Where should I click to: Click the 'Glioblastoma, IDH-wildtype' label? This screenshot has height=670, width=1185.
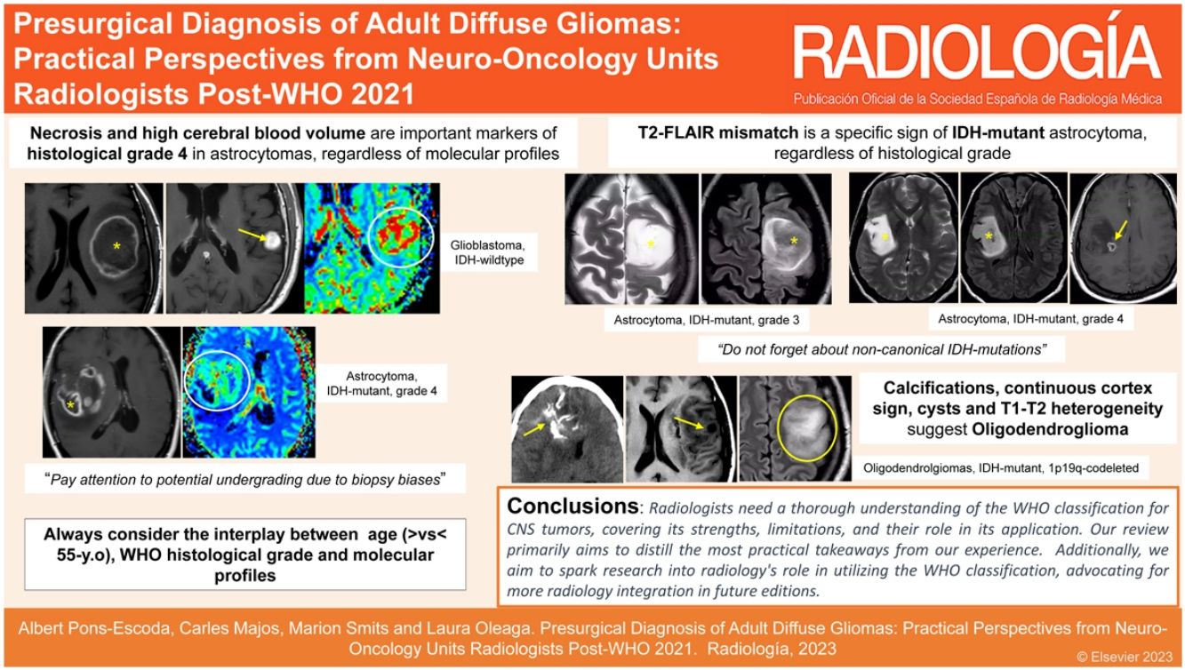488,252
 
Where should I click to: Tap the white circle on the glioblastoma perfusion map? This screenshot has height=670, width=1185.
401,233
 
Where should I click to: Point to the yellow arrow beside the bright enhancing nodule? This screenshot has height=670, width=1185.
252,235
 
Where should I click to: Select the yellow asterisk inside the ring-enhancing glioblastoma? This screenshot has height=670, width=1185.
116,246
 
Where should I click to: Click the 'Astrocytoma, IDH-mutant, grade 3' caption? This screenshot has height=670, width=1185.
706,320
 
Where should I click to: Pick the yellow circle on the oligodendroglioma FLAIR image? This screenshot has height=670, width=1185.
807,427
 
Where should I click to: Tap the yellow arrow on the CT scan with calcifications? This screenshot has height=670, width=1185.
534,429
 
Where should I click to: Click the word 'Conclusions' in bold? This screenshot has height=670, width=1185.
572,506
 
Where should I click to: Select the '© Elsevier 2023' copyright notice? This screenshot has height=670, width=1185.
1125,657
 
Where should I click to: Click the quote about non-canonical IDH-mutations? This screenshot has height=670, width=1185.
881,349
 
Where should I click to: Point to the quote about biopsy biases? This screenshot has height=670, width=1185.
245,480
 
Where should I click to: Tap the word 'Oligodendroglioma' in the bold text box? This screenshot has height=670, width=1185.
1050,429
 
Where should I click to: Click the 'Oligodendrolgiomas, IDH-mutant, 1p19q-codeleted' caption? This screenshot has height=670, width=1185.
1001,468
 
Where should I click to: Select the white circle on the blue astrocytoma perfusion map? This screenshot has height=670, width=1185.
217,380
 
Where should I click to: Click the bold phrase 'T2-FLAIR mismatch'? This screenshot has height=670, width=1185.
718,132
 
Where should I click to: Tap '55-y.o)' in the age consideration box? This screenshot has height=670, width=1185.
86,555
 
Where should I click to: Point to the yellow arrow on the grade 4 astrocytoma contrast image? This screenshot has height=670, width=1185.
1120,230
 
